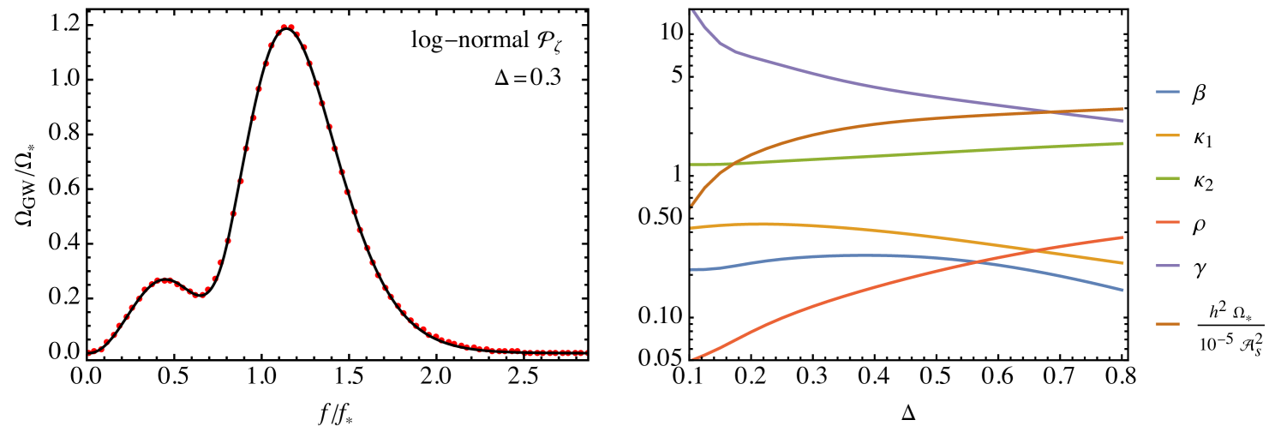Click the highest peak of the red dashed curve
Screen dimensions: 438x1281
pos(288,27)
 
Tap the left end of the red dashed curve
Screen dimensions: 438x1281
pos(89,352)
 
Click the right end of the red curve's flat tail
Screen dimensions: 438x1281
pos(586,352)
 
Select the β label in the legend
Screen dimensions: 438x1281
pos(1199,93)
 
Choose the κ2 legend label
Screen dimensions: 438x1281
pos(1203,181)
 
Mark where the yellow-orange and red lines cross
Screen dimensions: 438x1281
pos(1035,249)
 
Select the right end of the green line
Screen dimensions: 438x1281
pos(1122,143)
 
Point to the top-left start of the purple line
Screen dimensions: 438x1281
pos(692,10)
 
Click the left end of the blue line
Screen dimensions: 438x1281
pos(691,269)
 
